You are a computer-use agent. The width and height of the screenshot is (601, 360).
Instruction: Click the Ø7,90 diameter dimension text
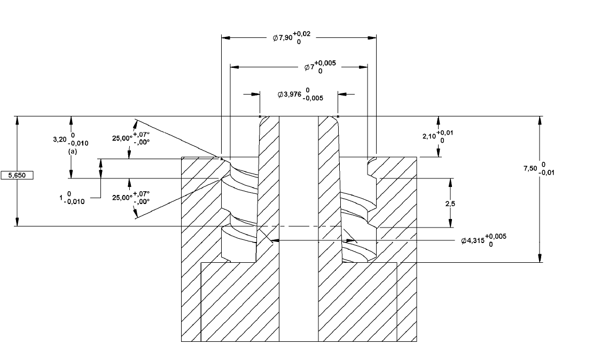tap(283, 38)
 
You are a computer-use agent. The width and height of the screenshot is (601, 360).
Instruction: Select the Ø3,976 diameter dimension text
tap(290, 95)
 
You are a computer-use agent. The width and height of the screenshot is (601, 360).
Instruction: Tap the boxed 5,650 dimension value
tap(17, 175)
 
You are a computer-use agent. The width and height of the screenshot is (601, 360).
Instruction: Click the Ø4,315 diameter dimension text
tap(473, 241)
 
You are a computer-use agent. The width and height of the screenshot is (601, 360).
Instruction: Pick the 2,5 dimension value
tap(450, 204)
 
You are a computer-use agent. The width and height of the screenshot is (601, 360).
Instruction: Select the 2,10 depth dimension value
tap(429, 136)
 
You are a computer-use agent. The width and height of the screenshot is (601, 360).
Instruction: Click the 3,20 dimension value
tap(59, 139)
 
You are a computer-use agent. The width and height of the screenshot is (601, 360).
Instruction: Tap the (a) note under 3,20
tap(73, 152)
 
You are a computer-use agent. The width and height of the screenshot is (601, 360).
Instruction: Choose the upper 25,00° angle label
tap(122, 138)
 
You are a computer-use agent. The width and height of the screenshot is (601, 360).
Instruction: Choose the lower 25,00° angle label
tap(122, 198)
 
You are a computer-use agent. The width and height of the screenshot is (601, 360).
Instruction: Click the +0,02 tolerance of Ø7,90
tap(302, 35)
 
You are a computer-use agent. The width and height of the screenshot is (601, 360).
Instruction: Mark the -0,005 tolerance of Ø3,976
tap(313, 98)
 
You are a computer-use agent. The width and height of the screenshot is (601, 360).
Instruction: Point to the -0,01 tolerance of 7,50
tap(546, 173)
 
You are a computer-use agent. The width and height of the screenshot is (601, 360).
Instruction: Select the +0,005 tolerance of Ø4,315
tap(496, 236)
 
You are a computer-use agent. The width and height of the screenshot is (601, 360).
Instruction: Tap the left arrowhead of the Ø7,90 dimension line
tap(226, 38)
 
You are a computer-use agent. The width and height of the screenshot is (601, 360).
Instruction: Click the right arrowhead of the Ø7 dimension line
tap(363, 67)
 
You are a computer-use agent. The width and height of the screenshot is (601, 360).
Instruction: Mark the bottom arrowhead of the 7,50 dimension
tap(540, 258)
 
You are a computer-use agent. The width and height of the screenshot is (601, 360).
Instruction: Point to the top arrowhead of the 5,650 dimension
tap(17, 120)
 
